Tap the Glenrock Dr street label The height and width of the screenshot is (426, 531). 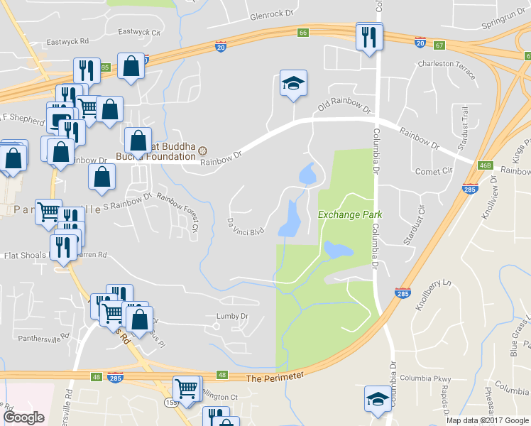(271, 15)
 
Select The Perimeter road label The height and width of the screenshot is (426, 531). (275, 377)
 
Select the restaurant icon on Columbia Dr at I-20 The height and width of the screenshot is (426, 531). (368, 37)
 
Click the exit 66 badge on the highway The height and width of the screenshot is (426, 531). (303, 33)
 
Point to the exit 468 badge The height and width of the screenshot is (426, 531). (486, 165)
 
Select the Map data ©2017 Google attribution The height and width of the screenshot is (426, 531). (486, 420)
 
